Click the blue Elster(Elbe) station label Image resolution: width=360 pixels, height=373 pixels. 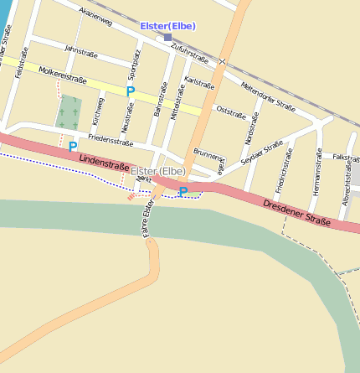167,26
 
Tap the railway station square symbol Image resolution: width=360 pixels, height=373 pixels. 167,37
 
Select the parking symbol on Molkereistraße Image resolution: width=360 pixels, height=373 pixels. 131,91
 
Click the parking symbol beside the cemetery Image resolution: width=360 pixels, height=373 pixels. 73,147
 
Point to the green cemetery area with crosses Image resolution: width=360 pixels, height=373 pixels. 69,111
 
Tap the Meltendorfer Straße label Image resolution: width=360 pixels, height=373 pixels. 268,96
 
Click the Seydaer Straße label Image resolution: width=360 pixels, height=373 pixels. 263,153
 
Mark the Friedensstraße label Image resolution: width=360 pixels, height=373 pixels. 110,142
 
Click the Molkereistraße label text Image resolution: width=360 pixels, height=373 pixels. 63,78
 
